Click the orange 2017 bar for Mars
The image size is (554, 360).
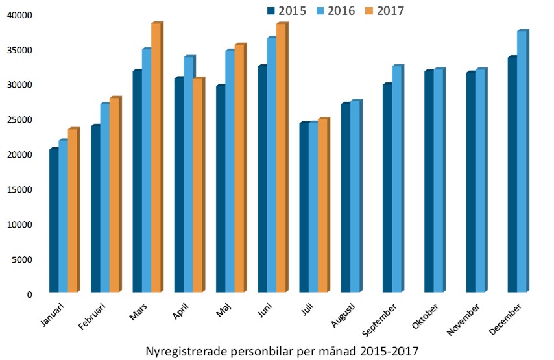[x=156, y=158]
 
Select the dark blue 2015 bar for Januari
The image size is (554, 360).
[x=54, y=221]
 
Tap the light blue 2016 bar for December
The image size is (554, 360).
[x=522, y=162]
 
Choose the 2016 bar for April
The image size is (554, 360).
[x=188, y=175]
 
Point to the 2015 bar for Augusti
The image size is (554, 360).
[x=345, y=198]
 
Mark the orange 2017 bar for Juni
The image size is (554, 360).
[x=280, y=158]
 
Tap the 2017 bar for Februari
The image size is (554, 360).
[x=114, y=195]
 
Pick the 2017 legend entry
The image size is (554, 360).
[x=385, y=10]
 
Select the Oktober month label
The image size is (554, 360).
[x=425, y=318]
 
